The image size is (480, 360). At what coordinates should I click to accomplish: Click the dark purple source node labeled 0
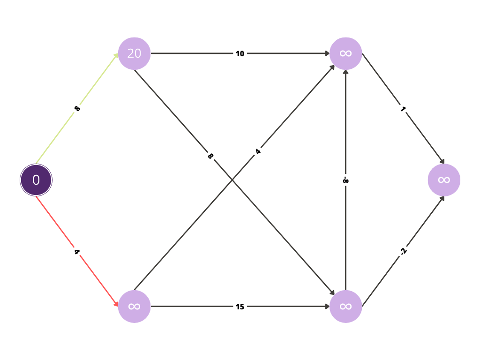coord(36,180)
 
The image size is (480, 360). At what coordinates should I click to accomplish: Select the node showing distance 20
coord(135,53)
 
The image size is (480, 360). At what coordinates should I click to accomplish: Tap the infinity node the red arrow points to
coord(135,307)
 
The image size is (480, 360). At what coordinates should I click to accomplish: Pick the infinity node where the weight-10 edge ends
coord(345,53)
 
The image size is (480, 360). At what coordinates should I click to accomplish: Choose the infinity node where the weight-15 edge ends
coord(345,307)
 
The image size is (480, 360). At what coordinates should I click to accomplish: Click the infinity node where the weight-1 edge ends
coord(444,180)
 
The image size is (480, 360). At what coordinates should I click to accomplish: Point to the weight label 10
coord(240,53)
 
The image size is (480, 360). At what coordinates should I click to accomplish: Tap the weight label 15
coord(240,307)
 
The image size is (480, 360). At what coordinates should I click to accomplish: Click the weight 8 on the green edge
coord(77,108)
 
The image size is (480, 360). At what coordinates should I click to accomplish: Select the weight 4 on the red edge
coord(77,252)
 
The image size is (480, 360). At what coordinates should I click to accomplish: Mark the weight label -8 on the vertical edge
coord(345,180)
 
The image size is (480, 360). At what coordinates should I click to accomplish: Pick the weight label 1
coord(403,109)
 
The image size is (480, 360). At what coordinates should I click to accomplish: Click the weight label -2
coord(404,251)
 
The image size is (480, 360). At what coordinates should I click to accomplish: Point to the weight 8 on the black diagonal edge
coord(210,156)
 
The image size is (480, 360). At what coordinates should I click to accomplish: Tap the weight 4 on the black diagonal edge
coord(258,152)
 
